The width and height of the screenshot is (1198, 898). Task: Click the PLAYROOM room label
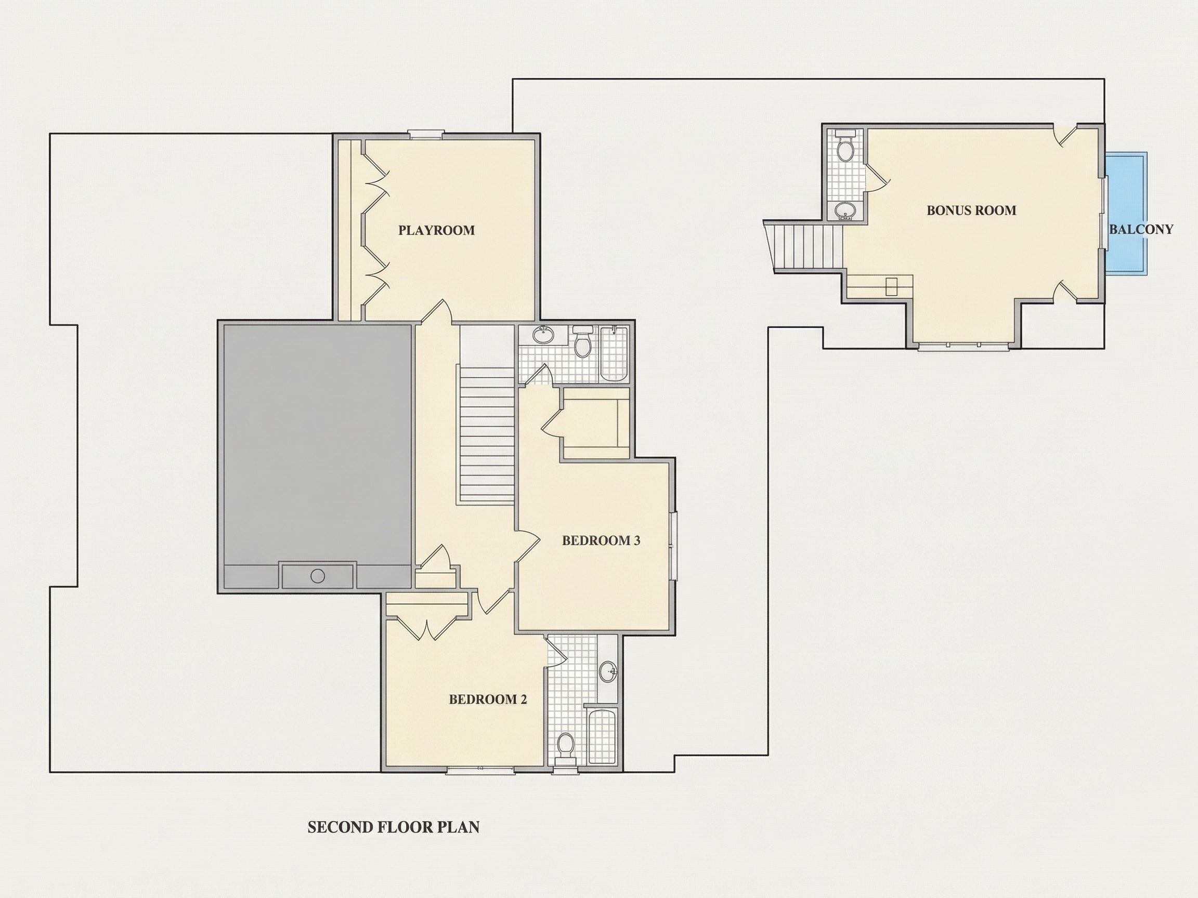click(x=437, y=230)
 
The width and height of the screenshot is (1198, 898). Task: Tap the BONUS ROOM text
click(x=971, y=210)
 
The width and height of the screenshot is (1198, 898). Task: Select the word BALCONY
click(x=1141, y=229)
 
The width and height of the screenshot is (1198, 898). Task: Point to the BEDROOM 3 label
click(x=601, y=540)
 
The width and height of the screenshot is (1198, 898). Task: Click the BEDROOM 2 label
click(x=487, y=699)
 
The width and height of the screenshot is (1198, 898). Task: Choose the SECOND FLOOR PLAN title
click(x=394, y=827)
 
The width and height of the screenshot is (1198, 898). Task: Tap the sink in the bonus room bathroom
click(x=845, y=210)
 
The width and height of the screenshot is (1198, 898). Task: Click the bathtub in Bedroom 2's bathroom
click(x=602, y=736)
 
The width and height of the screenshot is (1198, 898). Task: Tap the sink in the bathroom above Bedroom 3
click(x=543, y=335)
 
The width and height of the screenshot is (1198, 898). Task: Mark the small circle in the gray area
click(x=318, y=576)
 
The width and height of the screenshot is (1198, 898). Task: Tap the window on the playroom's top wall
click(x=426, y=134)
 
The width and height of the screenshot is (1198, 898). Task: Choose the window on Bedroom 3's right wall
click(x=674, y=546)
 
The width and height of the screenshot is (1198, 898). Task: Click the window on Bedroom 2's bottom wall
click(x=480, y=770)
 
